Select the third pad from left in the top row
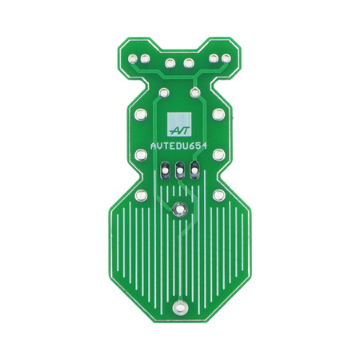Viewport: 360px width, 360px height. (169, 63)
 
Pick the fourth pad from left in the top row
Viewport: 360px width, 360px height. (190, 63)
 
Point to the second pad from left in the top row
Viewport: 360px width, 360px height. (145, 58)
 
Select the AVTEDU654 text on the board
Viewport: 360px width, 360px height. (179, 146)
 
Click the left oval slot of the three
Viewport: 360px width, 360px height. (165, 170)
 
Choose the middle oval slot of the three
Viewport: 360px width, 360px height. (179, 170)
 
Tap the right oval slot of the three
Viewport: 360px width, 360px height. (194, 170)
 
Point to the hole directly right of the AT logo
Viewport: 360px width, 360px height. (218, 113)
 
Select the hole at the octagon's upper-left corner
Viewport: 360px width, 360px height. (141, 195)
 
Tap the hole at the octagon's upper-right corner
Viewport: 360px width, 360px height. (218, 195)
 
